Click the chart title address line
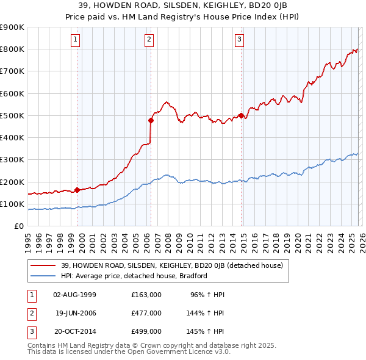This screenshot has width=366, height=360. click(182, 5)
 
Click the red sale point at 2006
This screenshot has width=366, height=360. click(151, 120)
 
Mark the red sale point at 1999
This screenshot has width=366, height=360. click(77, 190)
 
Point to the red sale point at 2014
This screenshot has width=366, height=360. click(241, 115)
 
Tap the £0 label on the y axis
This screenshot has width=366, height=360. click(18, 226)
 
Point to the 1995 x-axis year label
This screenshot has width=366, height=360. click(28, 240)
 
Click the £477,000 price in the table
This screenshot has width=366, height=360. click(146, 312)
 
